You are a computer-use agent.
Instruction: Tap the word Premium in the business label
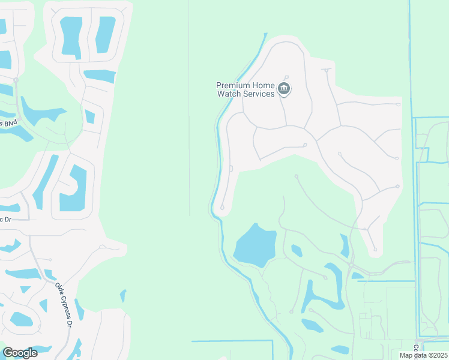[x=234, y=86]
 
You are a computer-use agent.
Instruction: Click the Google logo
[x=20, y=353]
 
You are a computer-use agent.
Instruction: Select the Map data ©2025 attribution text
[x=423, y=355]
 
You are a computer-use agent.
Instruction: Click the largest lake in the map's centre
[x=256, y=245]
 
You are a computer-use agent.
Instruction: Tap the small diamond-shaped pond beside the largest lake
[x=297, y=250]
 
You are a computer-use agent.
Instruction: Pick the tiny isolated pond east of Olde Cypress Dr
[x=124, y=295]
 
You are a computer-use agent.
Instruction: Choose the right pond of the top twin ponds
[x=105, y=34]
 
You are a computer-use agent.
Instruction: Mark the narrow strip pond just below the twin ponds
[x=100, y=76]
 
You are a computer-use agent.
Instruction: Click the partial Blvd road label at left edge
[x=8, y=123]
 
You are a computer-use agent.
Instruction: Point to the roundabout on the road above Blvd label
[x=16, y=80]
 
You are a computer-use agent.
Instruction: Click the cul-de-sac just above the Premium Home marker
[x=286, y=77]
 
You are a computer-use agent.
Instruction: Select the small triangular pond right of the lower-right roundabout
[x=357, y=275]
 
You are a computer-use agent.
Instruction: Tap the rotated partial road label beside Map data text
[x=415, y=349]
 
